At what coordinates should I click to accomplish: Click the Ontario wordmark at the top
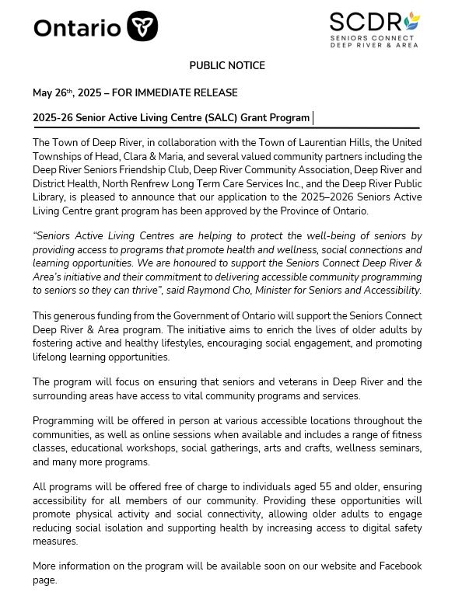point(77,28)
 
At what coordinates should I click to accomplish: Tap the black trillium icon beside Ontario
point(142,27)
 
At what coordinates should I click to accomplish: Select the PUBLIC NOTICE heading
point(227,66)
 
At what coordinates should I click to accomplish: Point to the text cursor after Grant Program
point(313,118)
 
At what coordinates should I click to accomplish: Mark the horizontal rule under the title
point(226,127)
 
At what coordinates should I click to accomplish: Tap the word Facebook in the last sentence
point(399,566)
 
